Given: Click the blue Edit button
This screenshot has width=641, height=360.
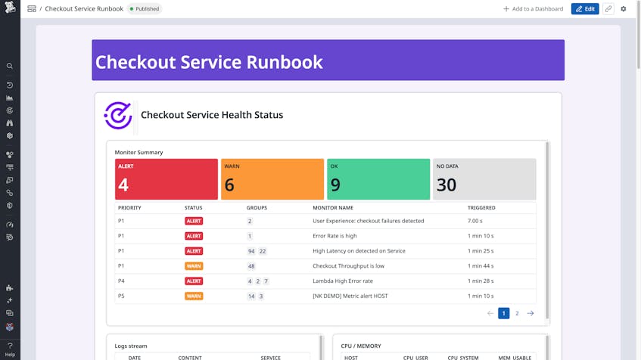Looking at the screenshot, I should [x=585, y=9].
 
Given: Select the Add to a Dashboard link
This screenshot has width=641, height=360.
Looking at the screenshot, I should [x=533, y=9].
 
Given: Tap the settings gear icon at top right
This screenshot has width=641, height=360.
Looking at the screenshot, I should [x=624, y=9].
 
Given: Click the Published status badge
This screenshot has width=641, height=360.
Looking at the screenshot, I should [x=144, y=9].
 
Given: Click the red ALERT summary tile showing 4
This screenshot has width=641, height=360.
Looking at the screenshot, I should [x=166, y=179].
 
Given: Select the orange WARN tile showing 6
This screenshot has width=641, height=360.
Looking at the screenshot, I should [x=272, y=179].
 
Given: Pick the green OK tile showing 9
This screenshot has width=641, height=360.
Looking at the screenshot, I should [x=378, y=179].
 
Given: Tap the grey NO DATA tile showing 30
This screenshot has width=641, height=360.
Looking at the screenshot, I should [x=484, y=179].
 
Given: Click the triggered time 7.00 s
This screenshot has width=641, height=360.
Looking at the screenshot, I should [x=475, y=222].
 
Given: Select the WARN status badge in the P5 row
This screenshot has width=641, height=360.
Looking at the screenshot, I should [x=194, y=296].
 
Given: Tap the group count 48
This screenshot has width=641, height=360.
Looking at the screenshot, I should [x=251, y=266].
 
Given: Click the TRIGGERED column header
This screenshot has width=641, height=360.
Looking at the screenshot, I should [x=481, y=208].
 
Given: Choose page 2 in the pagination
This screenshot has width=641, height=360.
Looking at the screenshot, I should [x=517, y=313].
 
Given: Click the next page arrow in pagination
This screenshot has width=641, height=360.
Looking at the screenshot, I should [x=531, y=313].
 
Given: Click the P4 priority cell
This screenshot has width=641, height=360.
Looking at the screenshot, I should [x=121, y=281].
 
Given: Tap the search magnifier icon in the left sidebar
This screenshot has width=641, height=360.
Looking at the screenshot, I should [x=10, y=67].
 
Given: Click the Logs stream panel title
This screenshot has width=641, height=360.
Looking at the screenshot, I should [x=131, y=346].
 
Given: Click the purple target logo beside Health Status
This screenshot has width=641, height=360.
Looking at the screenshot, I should [x=118, y=115].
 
